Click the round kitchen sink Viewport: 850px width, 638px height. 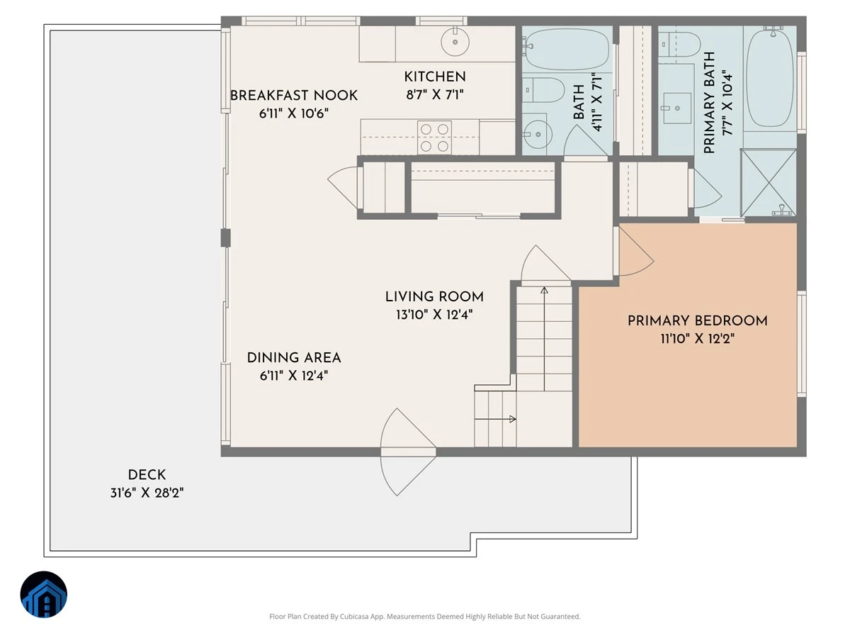[455, 42]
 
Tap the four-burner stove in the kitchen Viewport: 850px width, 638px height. [434, 138]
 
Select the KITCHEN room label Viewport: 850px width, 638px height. [435, 77]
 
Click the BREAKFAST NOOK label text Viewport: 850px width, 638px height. [294, 95]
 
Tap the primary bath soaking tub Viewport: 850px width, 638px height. [769, 77]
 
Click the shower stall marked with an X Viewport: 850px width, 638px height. [769, 182]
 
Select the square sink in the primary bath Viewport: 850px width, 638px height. [677, 108]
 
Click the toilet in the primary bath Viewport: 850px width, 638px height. [679, 44]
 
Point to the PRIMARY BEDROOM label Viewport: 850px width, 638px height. [698, 320]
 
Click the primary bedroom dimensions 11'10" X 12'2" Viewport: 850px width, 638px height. [698, 339]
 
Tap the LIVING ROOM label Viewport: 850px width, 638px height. [434, 297]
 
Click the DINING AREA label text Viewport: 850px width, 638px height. [294, 357]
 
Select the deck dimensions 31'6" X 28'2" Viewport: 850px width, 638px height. [147, 493]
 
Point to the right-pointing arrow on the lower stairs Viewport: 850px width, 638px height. [495, 419]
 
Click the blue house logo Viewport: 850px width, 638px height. [44, 594]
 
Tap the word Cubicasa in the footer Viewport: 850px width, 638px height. [354, 616]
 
